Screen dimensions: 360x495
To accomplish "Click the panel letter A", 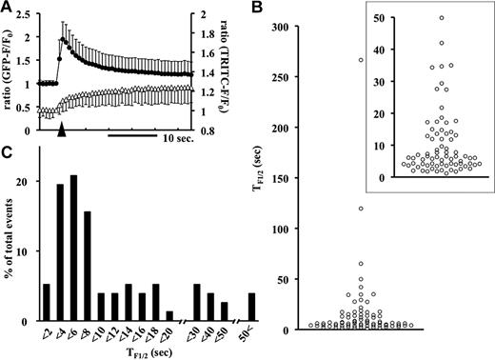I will [x=8, y=8].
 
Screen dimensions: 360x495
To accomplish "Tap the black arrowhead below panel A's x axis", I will [x=62, y=130].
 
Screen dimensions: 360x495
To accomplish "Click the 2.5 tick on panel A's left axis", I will [x=32, y=14].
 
